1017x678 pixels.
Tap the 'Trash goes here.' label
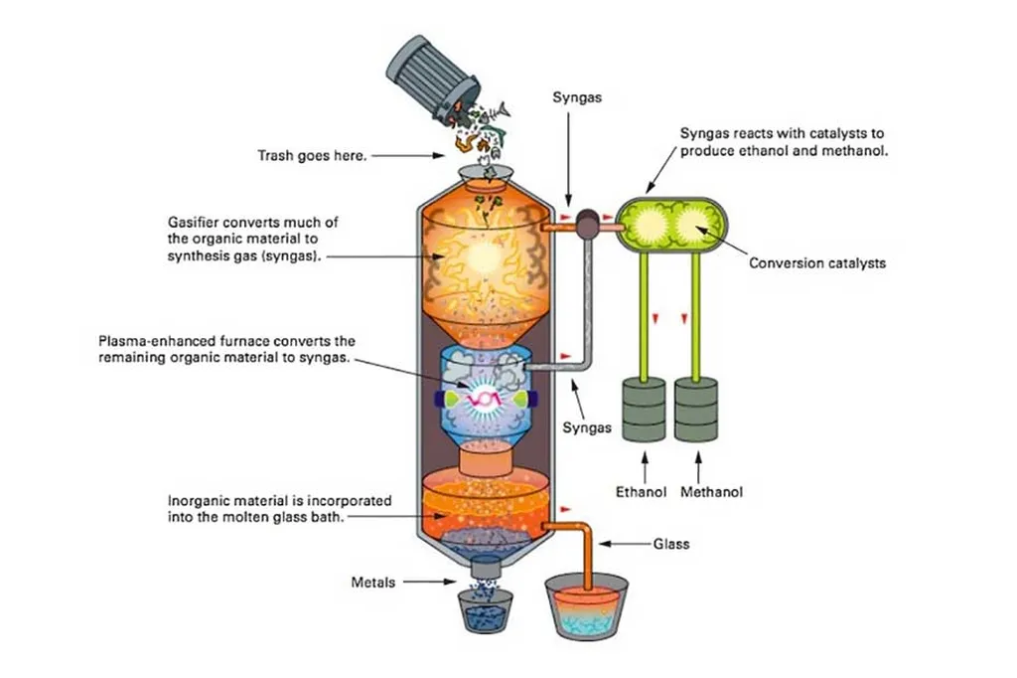310,155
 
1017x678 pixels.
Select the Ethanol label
641,491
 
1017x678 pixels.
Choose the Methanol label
712,491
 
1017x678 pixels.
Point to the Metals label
374,581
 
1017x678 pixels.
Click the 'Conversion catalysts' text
817,263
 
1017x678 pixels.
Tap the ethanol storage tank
643,410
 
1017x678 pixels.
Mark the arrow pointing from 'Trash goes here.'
408,155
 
